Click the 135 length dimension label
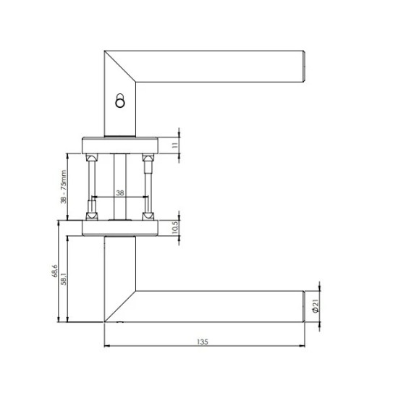(x=203, y=342)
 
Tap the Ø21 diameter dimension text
(x=315, y=306)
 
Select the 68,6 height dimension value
(x=55, y=271)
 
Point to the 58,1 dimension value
(x=64, y=279)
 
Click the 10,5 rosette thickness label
(x=175, y=227)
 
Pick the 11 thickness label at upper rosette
(x=175, y=145)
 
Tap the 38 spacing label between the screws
(x=120, y=193)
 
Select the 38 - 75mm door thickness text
(x=64, y=187)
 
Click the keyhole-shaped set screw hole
(x=120, y=101)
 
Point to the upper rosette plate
(x=120, y=145)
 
